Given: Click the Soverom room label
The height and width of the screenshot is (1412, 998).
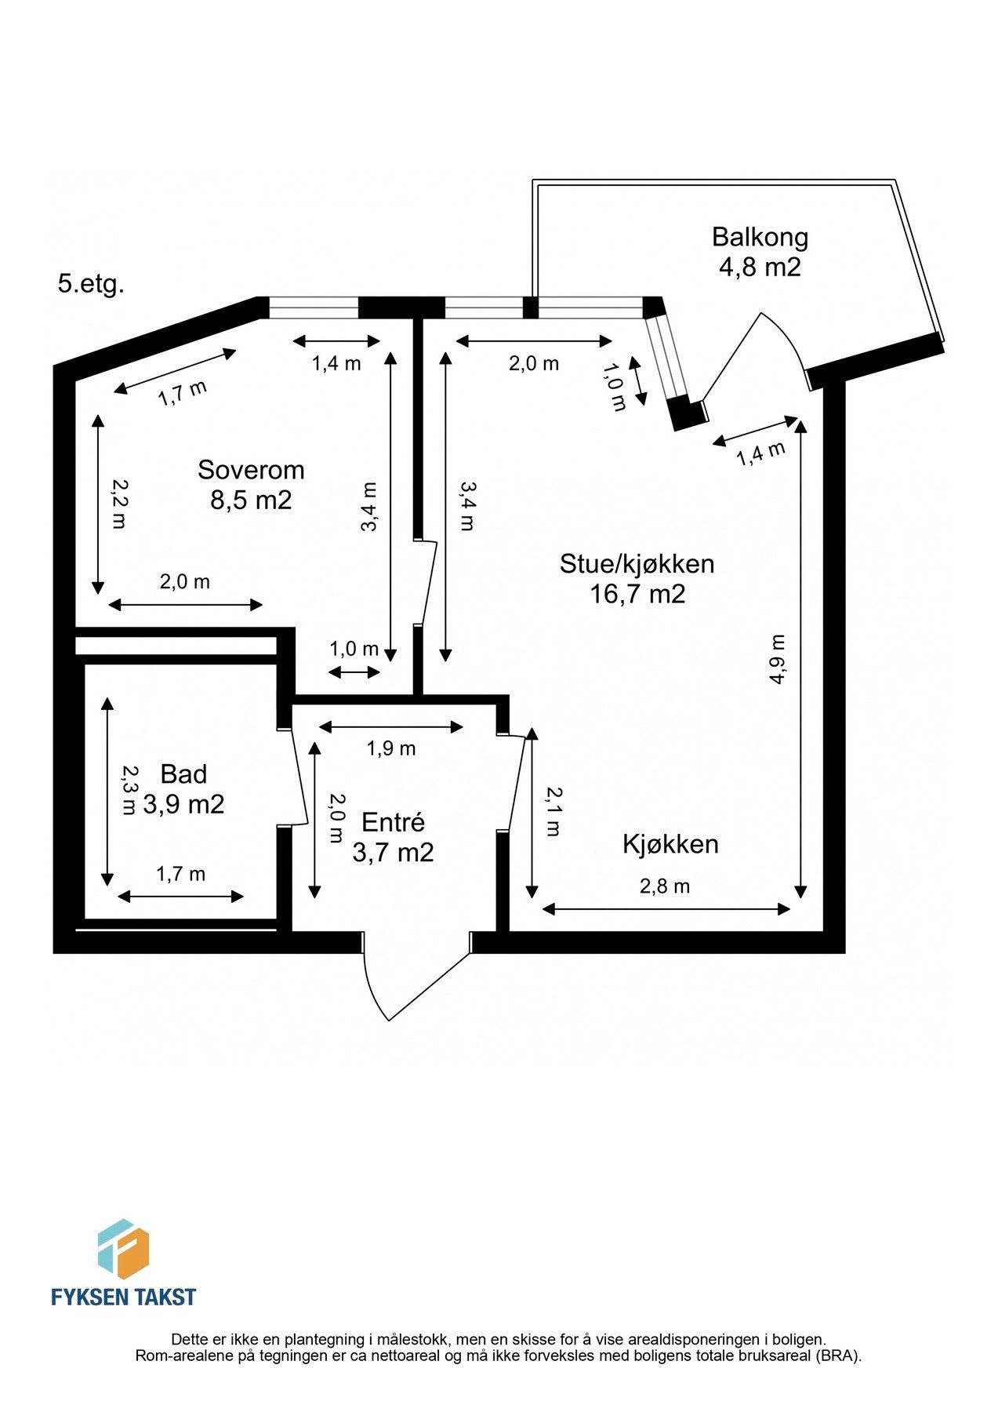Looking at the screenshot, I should click(251, 470).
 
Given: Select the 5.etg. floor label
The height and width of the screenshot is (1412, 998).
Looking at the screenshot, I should click(91, 284).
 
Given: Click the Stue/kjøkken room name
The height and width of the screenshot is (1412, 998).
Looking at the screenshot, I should click(637, 563).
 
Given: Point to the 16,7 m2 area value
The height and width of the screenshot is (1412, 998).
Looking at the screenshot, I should click(637, 594).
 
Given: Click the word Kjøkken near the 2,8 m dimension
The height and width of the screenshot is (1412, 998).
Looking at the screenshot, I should click(670, 844).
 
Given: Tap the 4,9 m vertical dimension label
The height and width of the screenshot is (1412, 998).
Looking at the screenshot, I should click(777, 659).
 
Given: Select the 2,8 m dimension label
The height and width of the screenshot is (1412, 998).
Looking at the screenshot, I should click(665, 886).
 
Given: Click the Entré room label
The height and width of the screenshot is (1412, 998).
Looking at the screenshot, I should click(393, 822).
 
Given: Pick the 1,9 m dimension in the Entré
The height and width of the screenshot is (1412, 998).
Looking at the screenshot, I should click(391, 748).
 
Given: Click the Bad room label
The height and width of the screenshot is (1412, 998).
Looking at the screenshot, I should click(183, 774).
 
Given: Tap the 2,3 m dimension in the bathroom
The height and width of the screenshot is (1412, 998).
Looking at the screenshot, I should click(127, 791).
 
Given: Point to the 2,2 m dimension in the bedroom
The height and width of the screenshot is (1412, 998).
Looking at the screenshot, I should click(118, 504).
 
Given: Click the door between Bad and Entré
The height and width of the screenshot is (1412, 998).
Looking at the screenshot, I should click(297, 777).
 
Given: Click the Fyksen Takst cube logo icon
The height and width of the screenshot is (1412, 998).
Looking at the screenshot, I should click(123, 1249).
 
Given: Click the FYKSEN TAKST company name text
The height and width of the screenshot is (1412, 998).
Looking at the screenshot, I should click(123, 1297).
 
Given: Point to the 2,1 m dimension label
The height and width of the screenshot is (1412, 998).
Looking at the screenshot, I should click(553, 811).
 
